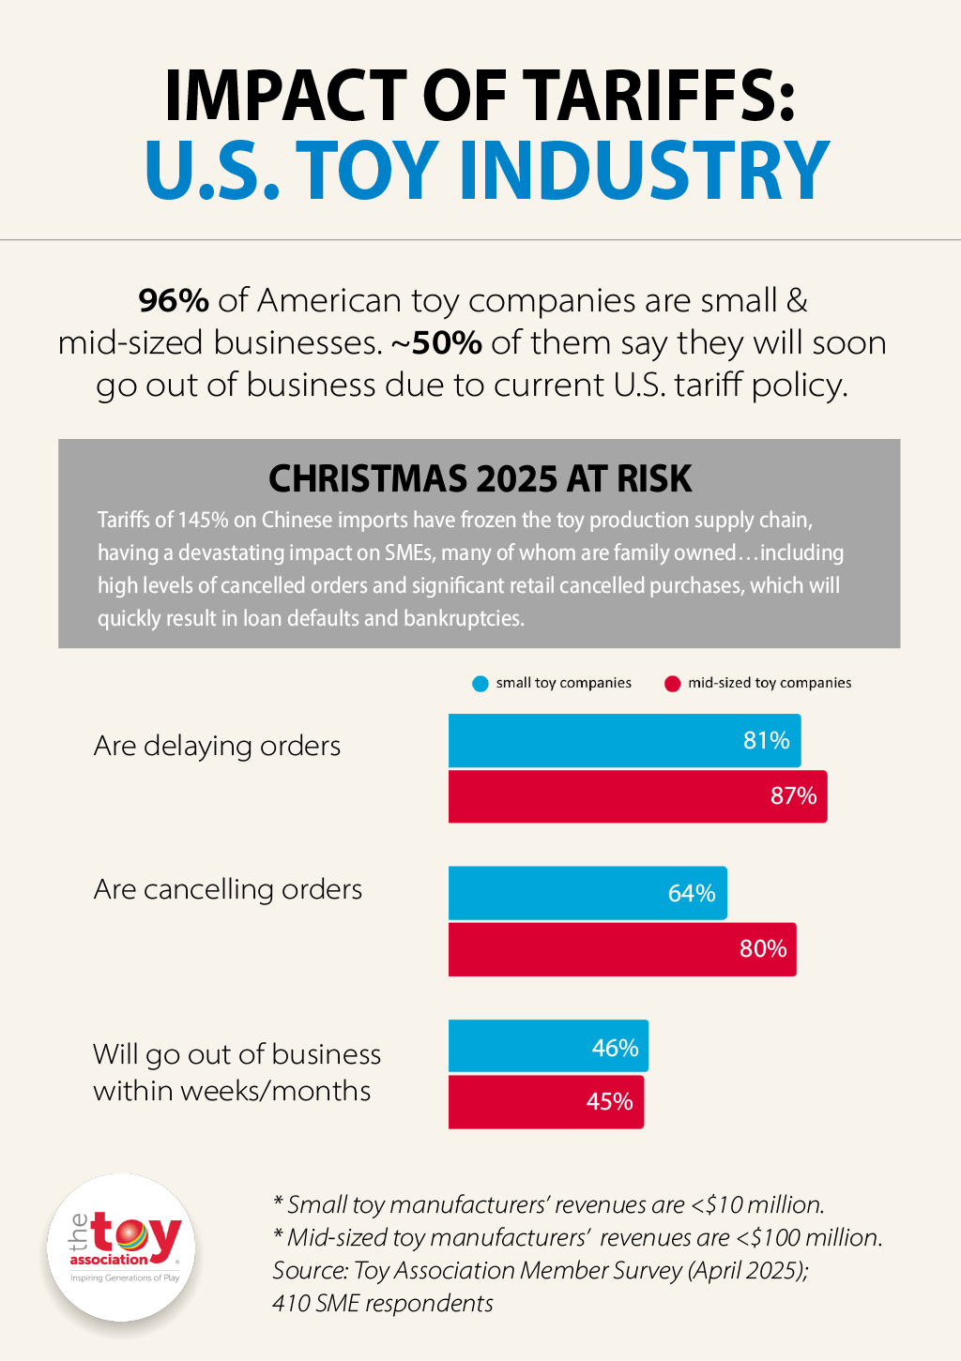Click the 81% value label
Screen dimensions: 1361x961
tap(766, 741)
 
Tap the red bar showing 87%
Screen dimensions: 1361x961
tap(637, 796)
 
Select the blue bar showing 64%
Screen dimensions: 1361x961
tap(587, 893)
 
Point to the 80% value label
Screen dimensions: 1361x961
tap(763, 949)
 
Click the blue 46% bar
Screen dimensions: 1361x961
tap(547, 1046)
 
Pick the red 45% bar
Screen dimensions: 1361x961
tap(545, 1101)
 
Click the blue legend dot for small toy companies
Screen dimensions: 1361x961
tap(480, 684)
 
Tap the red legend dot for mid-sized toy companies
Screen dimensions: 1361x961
tap(672, 684)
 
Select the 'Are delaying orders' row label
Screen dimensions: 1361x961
tap(217, 747)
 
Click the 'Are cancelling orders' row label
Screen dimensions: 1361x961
tap(227, 889)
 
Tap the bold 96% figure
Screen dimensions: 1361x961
tap(174, 301)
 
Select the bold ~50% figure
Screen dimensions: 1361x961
tap(436, 343)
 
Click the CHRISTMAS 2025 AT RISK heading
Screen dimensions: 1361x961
tap(480, 479)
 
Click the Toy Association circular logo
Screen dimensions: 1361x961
tap(122, 1248)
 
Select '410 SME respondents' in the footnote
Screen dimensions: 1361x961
tap(382, 1304)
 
